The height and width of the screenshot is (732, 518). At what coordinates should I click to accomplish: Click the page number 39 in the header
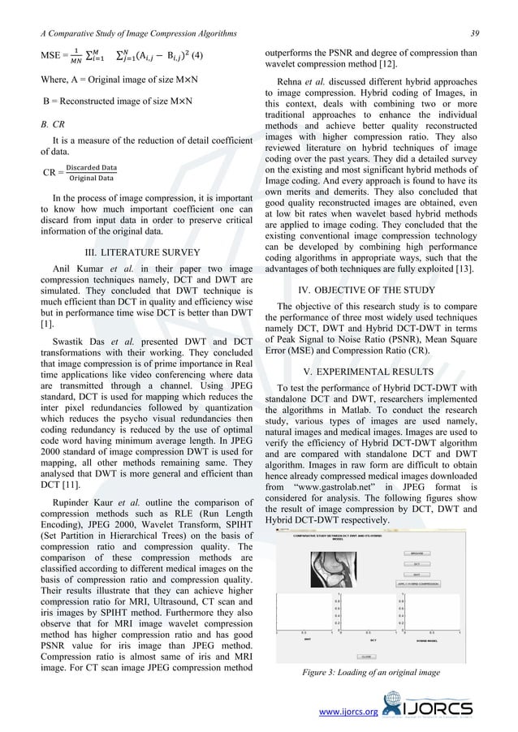[x=485, y=32]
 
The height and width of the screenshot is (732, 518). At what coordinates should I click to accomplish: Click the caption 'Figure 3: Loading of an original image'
[x=371, y=672]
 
